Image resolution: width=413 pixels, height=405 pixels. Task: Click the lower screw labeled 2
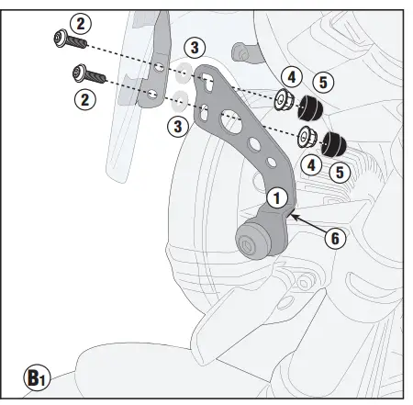point(87,72)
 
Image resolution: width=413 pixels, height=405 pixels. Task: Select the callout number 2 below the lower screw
point(86,99)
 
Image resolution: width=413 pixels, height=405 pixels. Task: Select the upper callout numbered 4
point(290,76)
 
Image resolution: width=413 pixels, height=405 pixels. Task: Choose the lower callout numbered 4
point(312,165)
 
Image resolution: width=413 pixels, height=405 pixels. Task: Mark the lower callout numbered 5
point(340,170)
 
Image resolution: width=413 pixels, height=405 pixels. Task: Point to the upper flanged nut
point(285,100)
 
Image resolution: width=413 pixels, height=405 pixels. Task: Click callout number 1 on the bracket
point(277,196)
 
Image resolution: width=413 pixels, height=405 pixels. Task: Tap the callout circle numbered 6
point(335,237)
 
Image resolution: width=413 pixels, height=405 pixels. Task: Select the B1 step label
point(37,377)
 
